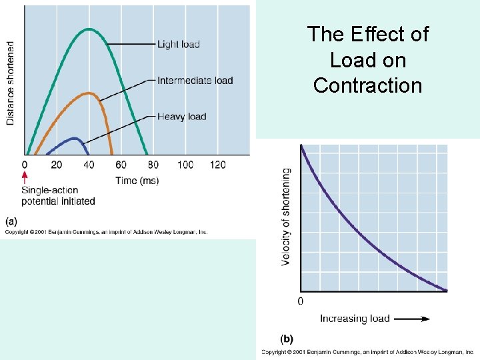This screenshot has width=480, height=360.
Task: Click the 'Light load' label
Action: [x=178, y=45]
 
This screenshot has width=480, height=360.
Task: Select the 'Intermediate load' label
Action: [x=195, y=81]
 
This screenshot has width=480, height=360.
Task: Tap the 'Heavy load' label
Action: [x=181, y=117]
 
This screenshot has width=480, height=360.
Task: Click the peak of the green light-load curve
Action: [x=89, y=29]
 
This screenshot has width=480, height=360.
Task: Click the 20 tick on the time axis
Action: [x=56, y=165]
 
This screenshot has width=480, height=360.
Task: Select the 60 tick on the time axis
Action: [x=121, y=165]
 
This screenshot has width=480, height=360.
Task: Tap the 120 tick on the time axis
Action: [x=217, y=165]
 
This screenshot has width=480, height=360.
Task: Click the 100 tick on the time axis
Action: [x=185, y=165]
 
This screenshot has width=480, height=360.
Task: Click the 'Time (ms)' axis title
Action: [x=137, y=181]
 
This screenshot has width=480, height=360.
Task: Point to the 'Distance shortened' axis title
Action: [x=11, y=83]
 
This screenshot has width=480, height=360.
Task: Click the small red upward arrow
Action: [x=25, y=177]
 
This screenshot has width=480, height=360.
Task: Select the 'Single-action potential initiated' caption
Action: [x=58, y=196]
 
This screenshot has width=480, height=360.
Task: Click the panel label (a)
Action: [x=11, y=221]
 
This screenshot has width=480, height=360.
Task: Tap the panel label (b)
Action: [x=286, y=339]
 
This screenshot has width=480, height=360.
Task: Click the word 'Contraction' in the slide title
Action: [x=367, y=85]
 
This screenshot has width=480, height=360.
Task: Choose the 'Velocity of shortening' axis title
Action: [x=286, y=217]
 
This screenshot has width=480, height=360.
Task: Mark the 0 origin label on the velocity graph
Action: [x=300, y=301]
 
